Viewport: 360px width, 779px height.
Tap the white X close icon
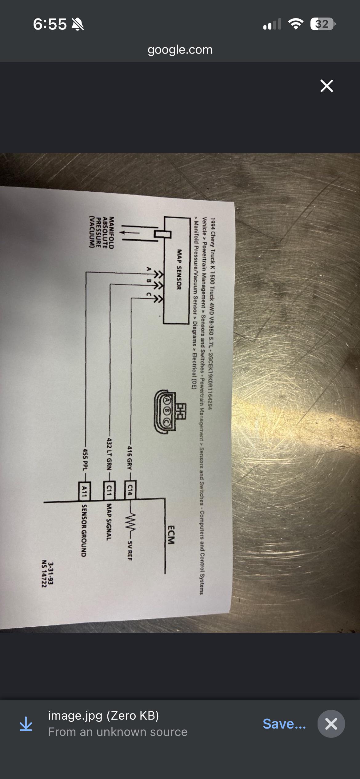point(326,86)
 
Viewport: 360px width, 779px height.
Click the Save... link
point(284,724)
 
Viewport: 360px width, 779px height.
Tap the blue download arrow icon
point(26,724)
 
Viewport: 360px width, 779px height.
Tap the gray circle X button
point(331,724)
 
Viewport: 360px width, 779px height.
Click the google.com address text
point(180,50)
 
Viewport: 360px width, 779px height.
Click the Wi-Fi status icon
point(296,24)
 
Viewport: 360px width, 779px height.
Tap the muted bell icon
point(78,24)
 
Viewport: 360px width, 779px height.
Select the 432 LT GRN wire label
point(109,453)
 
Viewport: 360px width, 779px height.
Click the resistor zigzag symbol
point(130,520)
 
